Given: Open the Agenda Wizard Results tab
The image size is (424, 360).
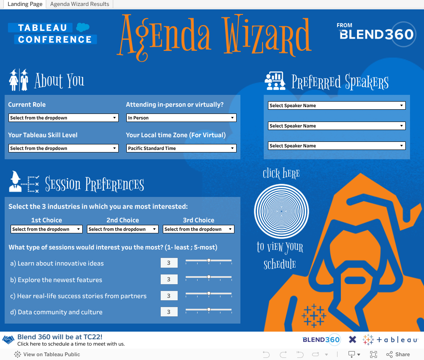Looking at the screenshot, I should click(x=80, y=4).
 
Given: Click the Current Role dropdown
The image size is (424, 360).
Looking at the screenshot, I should click(x=63, y=118).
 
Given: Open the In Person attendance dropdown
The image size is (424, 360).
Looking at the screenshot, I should click(x=181, y=118).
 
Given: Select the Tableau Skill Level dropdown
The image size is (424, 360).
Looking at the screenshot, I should click(x=63, y=148).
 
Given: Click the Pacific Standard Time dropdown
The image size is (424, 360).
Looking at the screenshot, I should click(x=181, y=148).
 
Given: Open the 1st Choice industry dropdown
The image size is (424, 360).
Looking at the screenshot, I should click(x=46, y=229).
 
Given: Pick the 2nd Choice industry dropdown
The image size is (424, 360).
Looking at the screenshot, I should click(x=123, y=229).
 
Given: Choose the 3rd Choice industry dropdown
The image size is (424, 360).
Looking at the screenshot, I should click(x=198, y=229).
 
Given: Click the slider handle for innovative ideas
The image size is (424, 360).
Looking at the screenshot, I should click(x=209, y=260).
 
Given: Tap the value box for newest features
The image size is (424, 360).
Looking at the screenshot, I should click(x=169, y=280).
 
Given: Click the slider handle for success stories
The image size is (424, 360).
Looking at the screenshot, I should click(x=209, y=293).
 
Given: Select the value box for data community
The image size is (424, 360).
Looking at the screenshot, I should click(x=169, y=312).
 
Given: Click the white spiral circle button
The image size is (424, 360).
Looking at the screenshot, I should click(x=281, y=210).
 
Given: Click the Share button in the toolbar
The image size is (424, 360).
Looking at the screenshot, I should click(x=398, y=354).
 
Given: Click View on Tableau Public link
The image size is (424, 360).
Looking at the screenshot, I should click(x=47, y=354).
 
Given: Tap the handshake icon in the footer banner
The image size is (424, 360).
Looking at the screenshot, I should click(x=8, y=340).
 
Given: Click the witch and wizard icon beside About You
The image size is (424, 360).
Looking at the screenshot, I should click(x=19, y=80).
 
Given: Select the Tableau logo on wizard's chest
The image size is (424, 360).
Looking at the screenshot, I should click(x=314, y=316).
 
